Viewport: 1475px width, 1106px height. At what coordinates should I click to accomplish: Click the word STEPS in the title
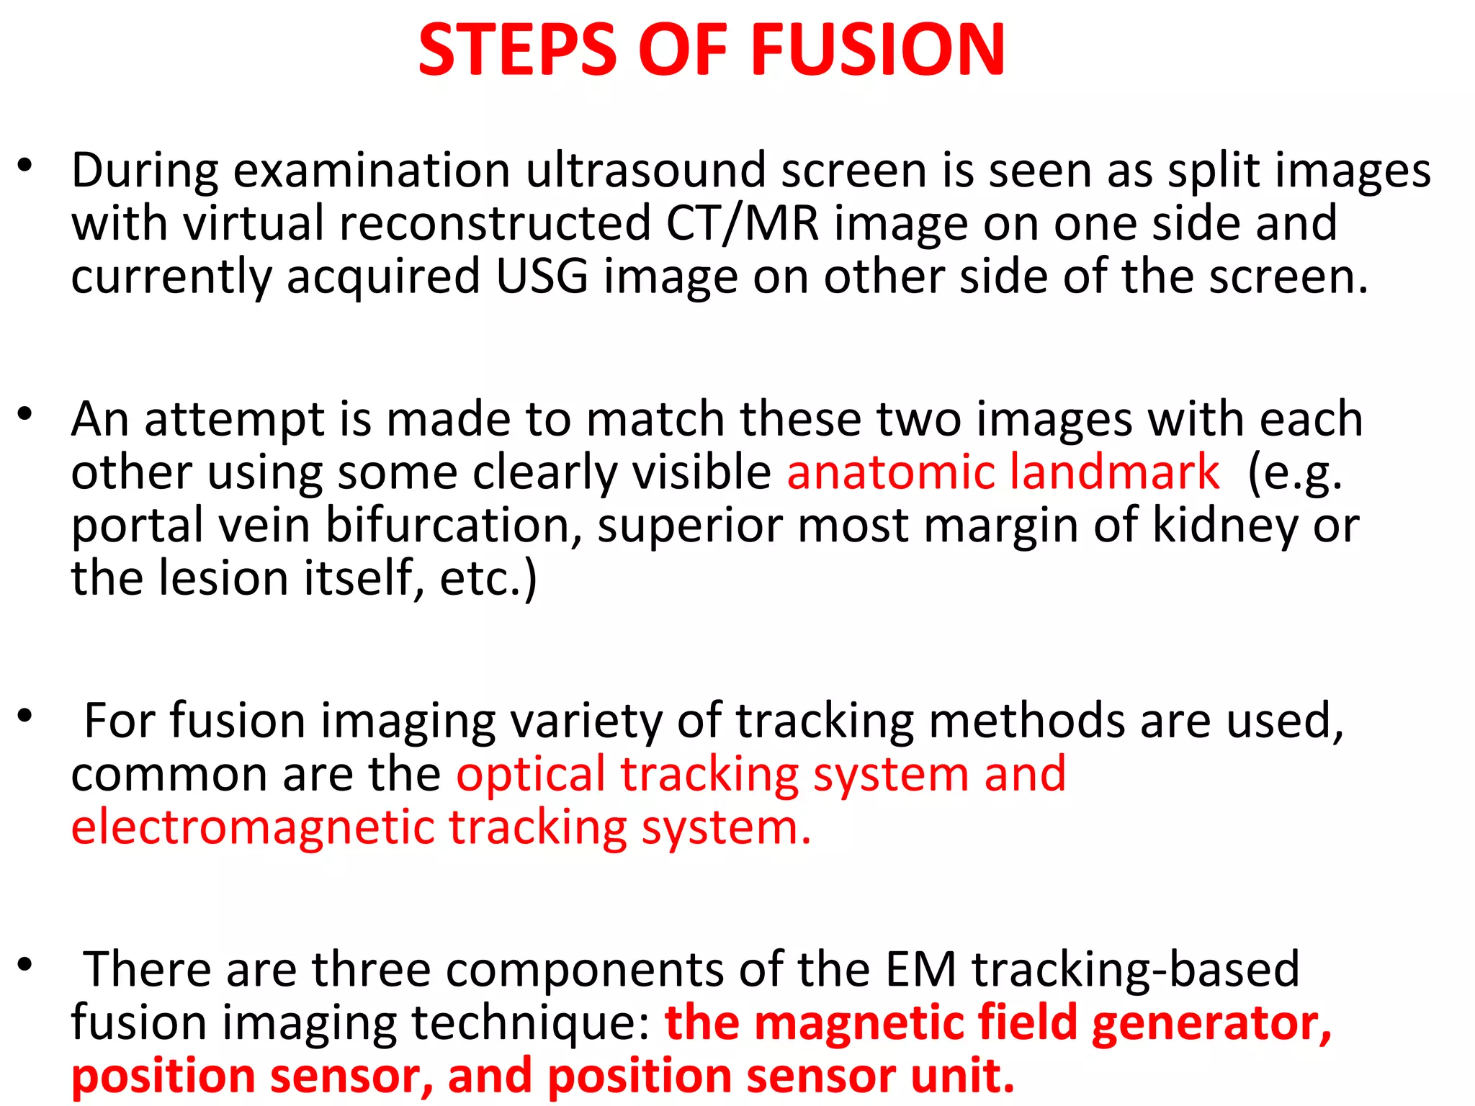pos(517,50)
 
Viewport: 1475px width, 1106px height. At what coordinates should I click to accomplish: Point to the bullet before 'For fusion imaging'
pos(25,716)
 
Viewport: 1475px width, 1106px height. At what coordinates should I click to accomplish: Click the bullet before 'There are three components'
pos(25,964)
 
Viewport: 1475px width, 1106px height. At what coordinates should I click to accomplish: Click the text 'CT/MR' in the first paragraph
pos(743,223)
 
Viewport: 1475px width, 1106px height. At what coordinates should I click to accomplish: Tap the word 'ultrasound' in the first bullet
pos(645,171)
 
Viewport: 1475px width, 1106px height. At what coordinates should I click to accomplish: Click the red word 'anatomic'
pos(890,472)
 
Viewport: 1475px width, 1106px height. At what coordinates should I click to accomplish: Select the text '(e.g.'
pos(1295,474)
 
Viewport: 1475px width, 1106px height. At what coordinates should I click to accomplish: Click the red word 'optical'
pos(531,775)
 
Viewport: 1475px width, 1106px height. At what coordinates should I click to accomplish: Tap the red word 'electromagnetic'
pos(252,827)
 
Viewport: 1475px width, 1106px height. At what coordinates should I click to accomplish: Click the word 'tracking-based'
pos(1136,969)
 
